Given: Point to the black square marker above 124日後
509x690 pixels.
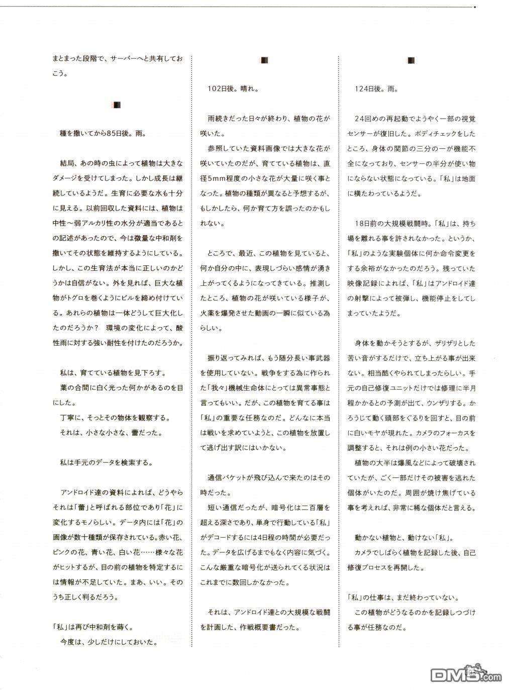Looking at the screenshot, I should pyautogui.click(x=411, y=61).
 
